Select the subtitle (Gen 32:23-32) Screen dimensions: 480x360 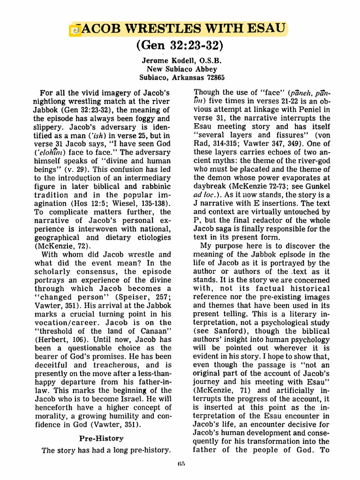(180, 46)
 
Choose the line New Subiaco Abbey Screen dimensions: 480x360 (180, 69)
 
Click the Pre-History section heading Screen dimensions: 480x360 (101, 438)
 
